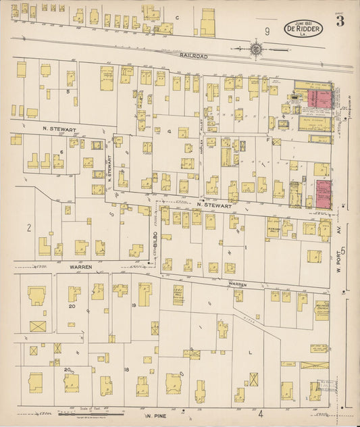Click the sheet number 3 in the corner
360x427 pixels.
[340, 21]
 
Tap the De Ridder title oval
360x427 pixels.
[303, 29]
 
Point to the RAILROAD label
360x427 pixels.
[194, 56]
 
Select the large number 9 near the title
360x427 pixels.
[267, 31]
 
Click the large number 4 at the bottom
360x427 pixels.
[259, 412]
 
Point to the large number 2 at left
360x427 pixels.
[29, 228]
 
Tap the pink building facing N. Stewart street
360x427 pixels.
[323, 193]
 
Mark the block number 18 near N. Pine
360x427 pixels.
[126, 370]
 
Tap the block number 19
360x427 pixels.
[134, 305]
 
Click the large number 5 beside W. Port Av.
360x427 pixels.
[343, 251]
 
